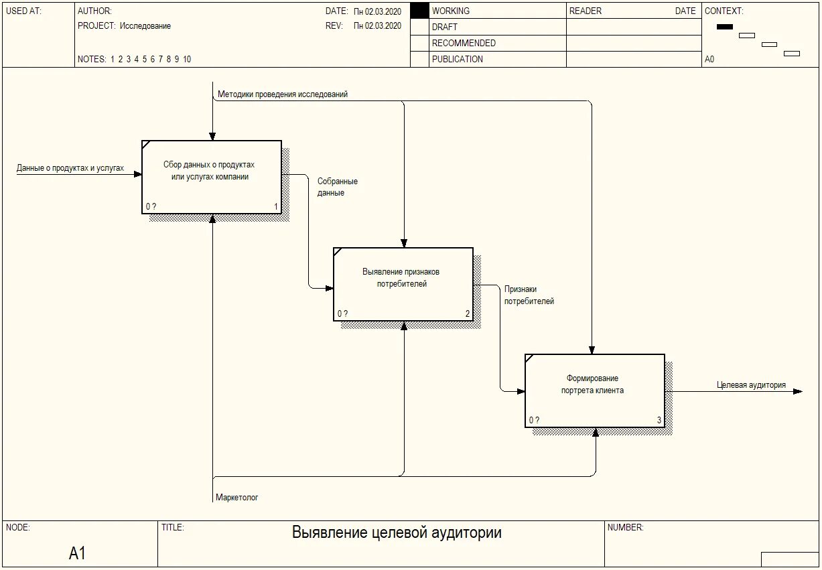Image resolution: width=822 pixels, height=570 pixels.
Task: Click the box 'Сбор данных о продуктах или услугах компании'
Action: click(211, 177)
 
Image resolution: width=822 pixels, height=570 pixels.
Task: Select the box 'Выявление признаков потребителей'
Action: click(403, 284)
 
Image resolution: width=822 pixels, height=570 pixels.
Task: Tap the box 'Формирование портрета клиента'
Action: click(594, 390)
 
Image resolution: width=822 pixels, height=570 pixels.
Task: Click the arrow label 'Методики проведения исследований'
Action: click(283, 94)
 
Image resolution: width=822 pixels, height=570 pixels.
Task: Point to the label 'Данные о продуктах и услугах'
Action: click(70, 168)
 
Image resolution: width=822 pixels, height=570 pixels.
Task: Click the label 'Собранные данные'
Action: click(337, 187)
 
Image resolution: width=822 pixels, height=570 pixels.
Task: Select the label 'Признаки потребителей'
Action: click(529, 295)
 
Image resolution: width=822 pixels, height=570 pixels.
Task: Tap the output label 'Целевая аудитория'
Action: click(751, 385)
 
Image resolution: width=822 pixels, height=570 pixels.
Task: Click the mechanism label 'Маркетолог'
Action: click(237, 498)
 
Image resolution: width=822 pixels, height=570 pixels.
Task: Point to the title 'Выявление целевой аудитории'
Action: click(397, 533)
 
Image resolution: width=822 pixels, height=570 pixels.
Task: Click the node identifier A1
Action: click(78, 553)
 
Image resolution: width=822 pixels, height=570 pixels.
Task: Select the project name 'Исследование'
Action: click(145, 26)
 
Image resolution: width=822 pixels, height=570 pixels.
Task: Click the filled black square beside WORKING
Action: click(419, 11)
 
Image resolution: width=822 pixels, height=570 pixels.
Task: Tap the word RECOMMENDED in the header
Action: click(464, 43)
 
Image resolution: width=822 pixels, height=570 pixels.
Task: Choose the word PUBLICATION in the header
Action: click(457, 59)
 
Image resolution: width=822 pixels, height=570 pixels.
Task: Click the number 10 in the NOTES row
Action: click(187, 59)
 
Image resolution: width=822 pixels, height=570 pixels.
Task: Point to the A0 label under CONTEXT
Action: click(709, 59)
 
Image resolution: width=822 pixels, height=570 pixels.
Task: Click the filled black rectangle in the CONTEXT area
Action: click(725, 27)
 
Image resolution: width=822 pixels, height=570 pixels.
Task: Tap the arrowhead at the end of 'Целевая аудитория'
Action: click(797, 391)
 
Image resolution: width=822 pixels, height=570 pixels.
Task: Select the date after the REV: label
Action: click(377, 26)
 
